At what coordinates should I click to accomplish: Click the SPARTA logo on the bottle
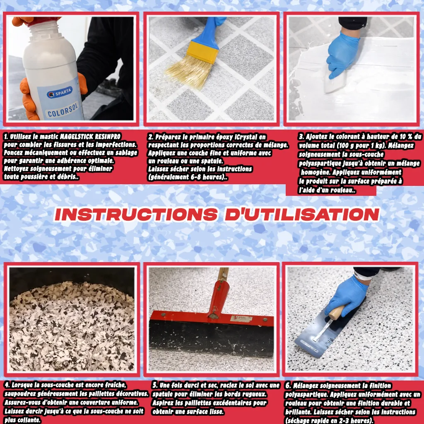click(x=60, y=92)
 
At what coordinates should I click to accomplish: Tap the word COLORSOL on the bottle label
click(x=63, y=110)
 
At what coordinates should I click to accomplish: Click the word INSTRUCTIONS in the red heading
click(x=136, y=215)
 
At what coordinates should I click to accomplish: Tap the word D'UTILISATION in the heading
click(x=302, y=215)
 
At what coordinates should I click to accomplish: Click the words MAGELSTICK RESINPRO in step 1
click(x=90, y=137)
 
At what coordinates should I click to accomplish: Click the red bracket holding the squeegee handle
click(x=218, y=299)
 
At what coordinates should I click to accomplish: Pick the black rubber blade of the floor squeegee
click(x=211, y=338)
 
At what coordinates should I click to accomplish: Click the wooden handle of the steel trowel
click(x=337, y=313)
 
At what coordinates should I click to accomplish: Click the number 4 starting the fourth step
click(x=7, y=385)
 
